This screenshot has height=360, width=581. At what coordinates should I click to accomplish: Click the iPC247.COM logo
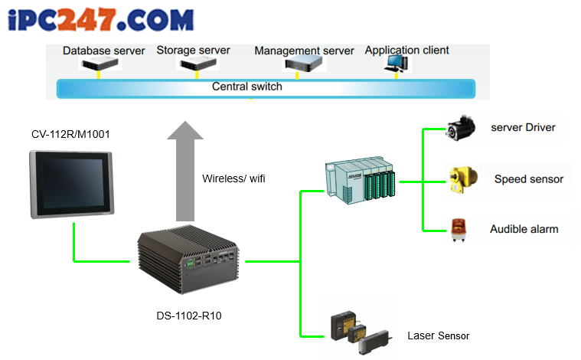100,20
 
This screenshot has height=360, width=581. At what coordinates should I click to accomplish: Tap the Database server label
104,51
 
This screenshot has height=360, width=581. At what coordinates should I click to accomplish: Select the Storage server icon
197,64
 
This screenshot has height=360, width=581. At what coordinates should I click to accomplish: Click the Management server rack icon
303,64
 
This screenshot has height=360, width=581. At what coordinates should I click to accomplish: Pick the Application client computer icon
397,64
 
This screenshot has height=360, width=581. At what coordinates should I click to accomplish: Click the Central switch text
247,87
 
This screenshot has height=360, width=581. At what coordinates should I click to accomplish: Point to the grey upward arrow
185,172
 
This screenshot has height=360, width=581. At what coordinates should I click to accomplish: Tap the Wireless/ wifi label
233,178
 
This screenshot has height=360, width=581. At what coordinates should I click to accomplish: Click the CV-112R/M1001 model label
70,134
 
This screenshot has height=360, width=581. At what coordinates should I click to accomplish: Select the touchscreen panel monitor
71,184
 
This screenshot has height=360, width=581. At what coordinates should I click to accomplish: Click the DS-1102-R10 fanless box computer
188,259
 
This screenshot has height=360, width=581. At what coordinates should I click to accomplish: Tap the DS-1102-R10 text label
189,316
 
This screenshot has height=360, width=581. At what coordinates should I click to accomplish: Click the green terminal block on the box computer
191,263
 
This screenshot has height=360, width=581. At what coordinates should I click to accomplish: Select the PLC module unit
361,180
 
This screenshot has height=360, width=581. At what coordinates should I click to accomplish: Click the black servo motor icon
461,128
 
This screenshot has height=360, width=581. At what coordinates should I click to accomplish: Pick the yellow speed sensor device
463,179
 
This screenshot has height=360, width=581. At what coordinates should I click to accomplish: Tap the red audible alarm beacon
459,230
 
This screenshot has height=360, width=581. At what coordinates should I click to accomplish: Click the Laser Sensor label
439,336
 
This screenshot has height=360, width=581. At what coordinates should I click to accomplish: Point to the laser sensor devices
361,332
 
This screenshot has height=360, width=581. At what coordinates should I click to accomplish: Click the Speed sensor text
529,179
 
